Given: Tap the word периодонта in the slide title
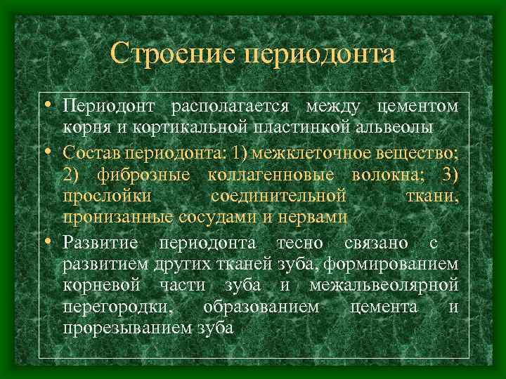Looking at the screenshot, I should tap(318, 54).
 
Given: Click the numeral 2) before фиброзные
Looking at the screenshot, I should tap(73, 174).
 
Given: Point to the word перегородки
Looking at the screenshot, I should tap(120, 308).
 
